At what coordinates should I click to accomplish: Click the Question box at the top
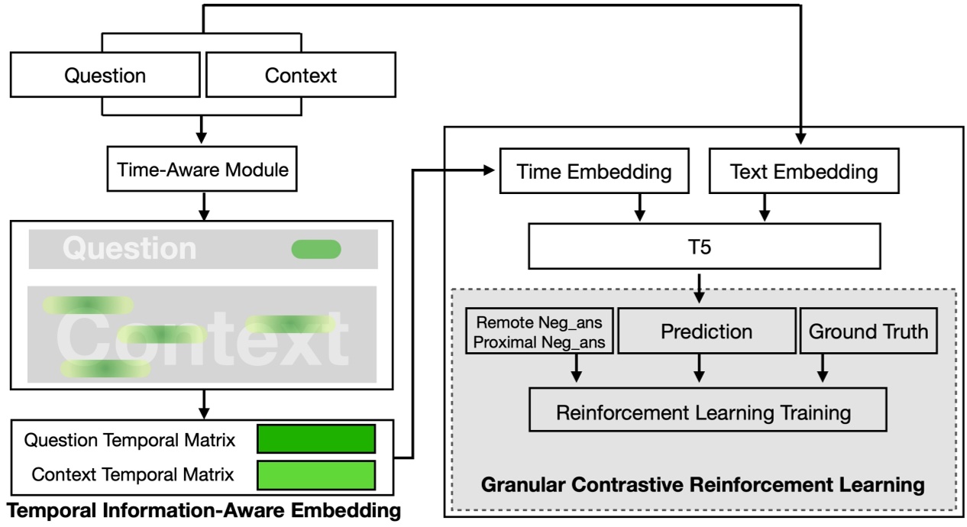pyautogui.click(x=105, y=76)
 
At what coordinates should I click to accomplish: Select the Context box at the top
pyautogui.click(x=300, y=76)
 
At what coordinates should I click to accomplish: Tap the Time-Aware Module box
pyautogui.click(x=202, y=170)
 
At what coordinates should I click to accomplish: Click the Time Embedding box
pyautogui.click(x=595, y=172)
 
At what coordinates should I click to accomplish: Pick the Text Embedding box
pyautogui.click(x=804, y=172)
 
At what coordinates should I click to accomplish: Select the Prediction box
pyautogui.click(x=706, y=331)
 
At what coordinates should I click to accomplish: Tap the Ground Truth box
pyautogui.click(x=868, y=331)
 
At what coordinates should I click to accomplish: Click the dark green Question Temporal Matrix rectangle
pyautogui.click(x=316, y=439)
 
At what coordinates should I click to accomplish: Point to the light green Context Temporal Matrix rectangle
pyautogui.click(x=316, y=475)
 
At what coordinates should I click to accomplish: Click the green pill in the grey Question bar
pyautogui.click(x=316, y=249)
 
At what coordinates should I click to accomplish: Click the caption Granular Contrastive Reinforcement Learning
pyautogui.click(x=703, y=484)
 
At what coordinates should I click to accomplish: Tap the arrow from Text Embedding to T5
pyautogui.click(x=762, y=206)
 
